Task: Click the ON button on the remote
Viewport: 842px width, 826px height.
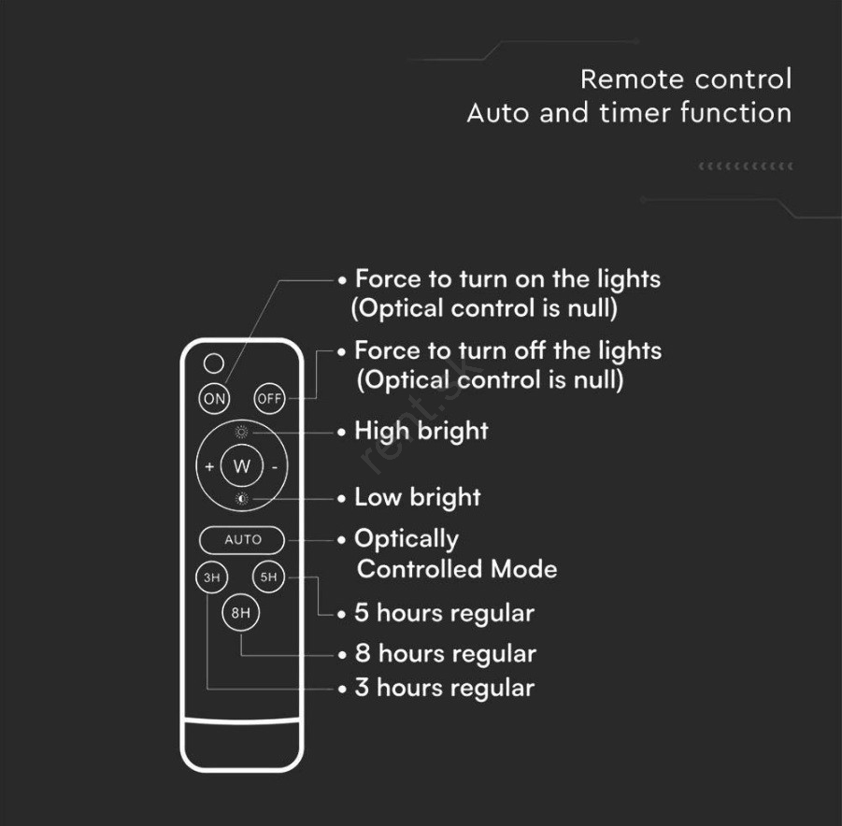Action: (x=214, y=398)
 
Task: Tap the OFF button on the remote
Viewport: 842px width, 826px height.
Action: (x=269, y=398)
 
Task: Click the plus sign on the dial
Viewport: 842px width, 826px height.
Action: (x=209, y=466)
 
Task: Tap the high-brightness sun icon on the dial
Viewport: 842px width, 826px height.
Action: (x=242, y=432)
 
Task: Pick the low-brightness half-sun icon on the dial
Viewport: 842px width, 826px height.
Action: (x=242, y=499)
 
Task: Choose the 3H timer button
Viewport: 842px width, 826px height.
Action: (x=211, y=577)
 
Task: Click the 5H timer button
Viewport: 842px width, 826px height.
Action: (x=268, y=577)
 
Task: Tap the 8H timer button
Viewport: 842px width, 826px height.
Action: (x=240, y=612)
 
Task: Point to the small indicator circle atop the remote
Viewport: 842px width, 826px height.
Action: (x=214, y=363)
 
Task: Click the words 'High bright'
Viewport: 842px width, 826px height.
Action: (x=421, y=432)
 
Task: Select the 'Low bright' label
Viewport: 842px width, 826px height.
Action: (x=418, y=498)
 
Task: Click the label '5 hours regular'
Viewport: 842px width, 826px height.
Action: (x=445, y=613)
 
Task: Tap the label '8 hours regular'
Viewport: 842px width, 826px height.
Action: (x=446, y=654)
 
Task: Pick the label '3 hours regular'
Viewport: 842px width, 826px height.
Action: (x=445, y=688)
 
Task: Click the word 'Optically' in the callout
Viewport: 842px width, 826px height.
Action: (x=407, y=539)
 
